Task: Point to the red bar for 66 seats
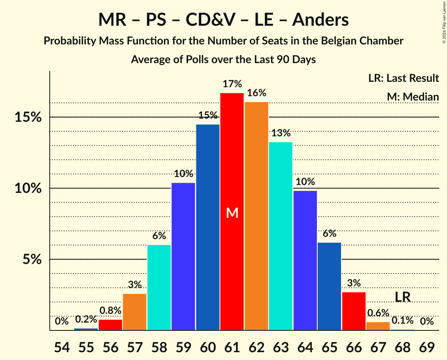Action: (x=354, y=311)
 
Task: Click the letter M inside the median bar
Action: (x=232, y=213)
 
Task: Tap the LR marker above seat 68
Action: (x=403, y=297)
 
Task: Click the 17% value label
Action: (x=232, y=84)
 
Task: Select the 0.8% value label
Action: (x=110, y=311)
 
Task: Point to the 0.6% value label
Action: (x=378, y=313)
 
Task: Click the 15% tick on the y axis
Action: (x=28, y=117)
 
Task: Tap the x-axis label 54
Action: (x=62, y=348)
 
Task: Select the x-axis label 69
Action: (x=427, y=348)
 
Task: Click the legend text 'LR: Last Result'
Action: (x=403, y=78)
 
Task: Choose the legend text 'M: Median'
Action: (x=413, y=97)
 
